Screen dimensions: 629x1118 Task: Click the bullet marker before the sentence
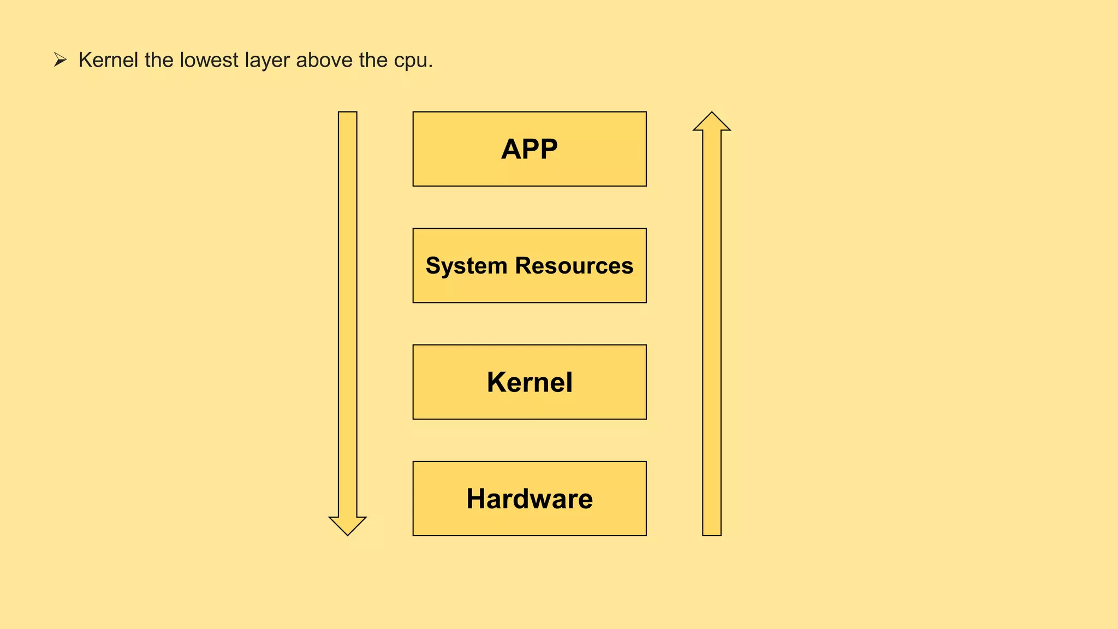(x=60, y=60)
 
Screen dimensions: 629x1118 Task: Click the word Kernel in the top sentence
(x=108, y=60)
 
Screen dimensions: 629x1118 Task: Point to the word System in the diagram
(x=466, y=266)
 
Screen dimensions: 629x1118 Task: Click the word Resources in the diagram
(x=574, y=266)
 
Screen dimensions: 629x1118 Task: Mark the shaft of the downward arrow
(x=348, y=311)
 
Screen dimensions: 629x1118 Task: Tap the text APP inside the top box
(x=530, y=149)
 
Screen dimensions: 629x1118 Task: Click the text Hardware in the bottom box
(x=530, y=499)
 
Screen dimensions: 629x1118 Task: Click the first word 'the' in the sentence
(x=159, y=60)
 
